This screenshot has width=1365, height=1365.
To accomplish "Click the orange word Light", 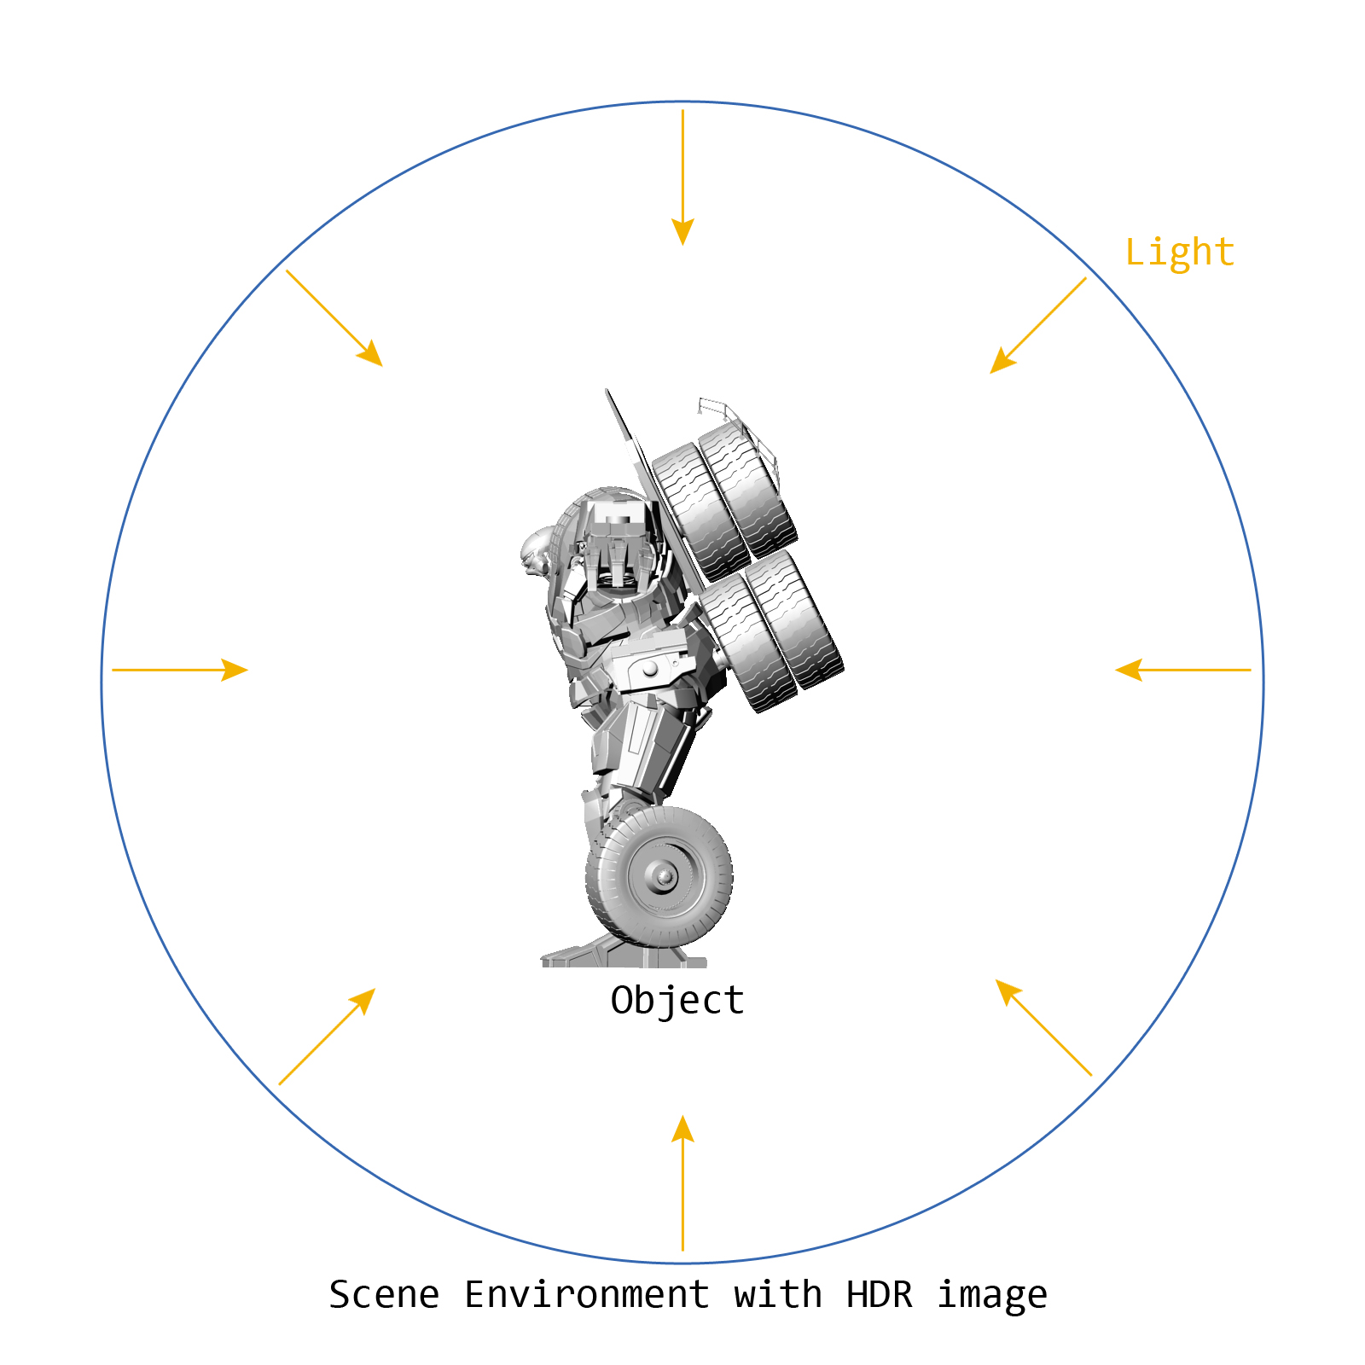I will pyautogui.click(x=1179, y=253).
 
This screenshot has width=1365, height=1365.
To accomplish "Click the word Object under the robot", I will pyautogui.click(x=677, y=1001).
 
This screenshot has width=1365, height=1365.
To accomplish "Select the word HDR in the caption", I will pyautogui.click(x=879, y=1295).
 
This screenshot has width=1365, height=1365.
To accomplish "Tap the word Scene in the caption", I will pyautogui.click(x=384, y=1295).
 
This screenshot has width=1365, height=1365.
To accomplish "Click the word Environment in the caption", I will pyautogui.click(x=587, y=1295).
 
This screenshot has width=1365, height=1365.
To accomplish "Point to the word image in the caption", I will pyautogui.click(x=992, y=1295).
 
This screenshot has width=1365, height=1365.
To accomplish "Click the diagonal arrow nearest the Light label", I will pyautogui.click(x=1037, y=326).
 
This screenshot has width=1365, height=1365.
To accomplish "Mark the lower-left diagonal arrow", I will pyautogui.click(x=327, y=1037).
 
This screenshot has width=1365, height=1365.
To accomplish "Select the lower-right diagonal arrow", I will pyautogui.click(x=1043, y=1027).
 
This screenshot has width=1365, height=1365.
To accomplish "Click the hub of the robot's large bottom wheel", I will pyautogui.click(x=664, y=875).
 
